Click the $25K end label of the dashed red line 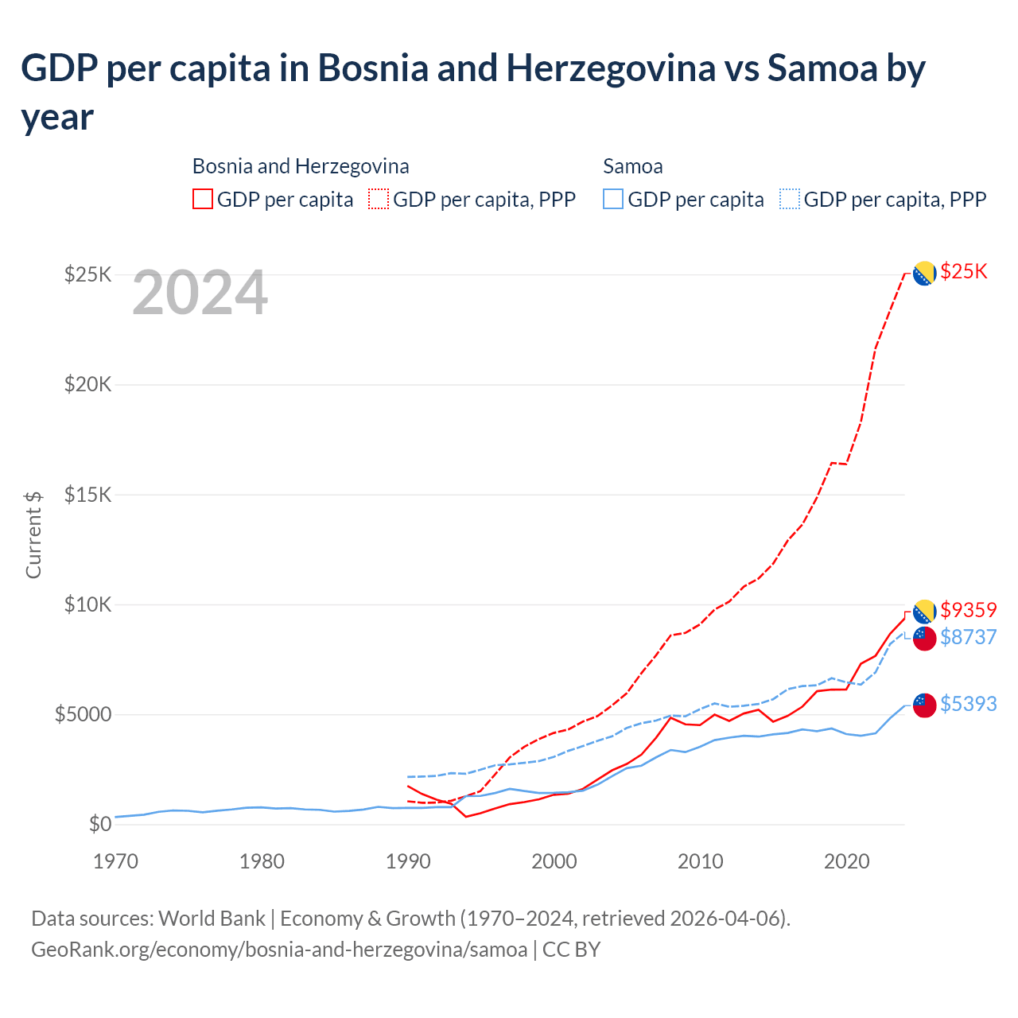pyautogui.click(x=963, y=272)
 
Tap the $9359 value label pyautogui.click(x=968, y=610)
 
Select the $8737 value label pyautogui.click(x=968, y=637)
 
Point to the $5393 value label pyautogui.click(x=968, y=704)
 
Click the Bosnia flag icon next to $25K pyautogui.click(x=923, y=273)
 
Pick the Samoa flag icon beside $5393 pyautogui.click(x=924, y=705)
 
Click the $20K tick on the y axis pyautogui.click(x=88, y=385)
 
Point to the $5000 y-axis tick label pyautogui.click(x=83, y=714)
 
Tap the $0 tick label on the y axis pyautogui.click(x=99, y=824)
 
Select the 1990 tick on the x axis pyautogui.click(x=408, y=861)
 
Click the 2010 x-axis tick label pyautogui.click(x=701, y=861)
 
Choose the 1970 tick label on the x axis pyautogui.click(x=116, y=861)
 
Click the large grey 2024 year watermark pyautogui.click(x=200, y=293)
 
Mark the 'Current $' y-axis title pyautogui.click(x=33, y=534)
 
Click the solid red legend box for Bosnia pyautogui.click(x=203, y=199)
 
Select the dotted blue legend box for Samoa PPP pyautogui.click(x=790, y=199)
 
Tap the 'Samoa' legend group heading pyautogui.click(x=633, y=166)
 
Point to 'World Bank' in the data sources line pyautogui.click(x=212, y=919)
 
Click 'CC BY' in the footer pyautogui.click(x=571, y=950)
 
